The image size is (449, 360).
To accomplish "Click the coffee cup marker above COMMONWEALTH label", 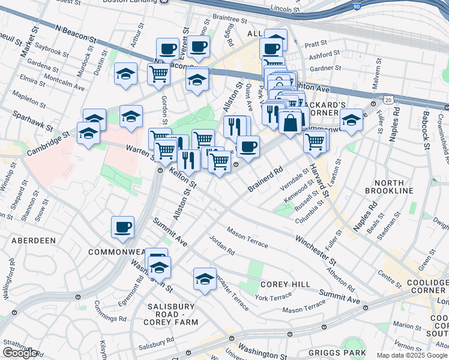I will click(122, 227).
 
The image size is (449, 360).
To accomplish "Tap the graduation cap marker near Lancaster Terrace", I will click(205, 279).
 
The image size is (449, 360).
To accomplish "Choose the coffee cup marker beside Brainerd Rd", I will click(248, 147).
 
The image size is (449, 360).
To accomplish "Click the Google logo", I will click(20, 353).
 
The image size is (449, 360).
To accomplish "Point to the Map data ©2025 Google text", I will click(412, 355).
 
